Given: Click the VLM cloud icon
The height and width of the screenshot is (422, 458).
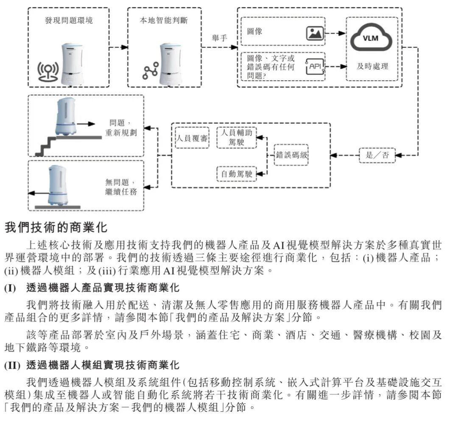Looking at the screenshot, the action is tap(371, 37).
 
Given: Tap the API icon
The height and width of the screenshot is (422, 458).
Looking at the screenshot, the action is tap(315, 66).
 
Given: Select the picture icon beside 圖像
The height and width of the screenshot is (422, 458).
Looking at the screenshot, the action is tap(315, 33).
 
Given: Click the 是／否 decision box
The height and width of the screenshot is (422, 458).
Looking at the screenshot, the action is tap(377, 155).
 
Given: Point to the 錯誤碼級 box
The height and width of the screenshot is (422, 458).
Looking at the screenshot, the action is tap(291, 155).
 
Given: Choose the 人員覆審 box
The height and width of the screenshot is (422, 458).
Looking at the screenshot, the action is tap(192, 138).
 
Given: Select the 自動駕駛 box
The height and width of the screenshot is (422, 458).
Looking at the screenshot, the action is tap(237, 174).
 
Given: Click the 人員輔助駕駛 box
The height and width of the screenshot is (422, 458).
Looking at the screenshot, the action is tap(237, 137).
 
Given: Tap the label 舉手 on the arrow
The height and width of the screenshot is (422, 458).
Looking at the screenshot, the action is tap(219, 38).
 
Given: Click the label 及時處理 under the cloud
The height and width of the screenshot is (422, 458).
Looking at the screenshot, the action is tap(372, 66).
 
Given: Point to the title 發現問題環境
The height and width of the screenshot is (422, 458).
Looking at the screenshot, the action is tap(69, 20).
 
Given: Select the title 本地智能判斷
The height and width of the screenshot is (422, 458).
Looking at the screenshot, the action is tap(164, 20).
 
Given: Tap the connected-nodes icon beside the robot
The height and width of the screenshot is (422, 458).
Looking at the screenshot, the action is tap(151, 71).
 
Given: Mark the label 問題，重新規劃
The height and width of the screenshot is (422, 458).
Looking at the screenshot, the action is tap(121, 128).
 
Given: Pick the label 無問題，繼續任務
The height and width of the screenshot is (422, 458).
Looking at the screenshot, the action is tap(121, 187).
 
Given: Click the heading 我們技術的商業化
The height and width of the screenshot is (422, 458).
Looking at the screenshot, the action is tap(56, 227).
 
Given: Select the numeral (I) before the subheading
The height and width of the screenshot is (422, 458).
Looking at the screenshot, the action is tap(10, 288).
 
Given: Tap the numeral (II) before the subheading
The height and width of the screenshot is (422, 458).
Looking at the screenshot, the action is tap(12, 365).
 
